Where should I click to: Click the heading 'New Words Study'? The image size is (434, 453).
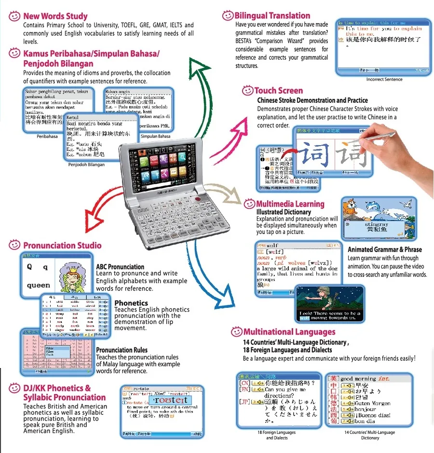tap(55, 16)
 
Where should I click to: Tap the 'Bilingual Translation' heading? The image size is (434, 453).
tap(272, 15)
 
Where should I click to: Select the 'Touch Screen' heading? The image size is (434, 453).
tap(278, 90)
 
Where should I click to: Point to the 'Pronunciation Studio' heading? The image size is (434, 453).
tap(62, 245)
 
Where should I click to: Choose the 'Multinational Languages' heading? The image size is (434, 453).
tap(289, 331)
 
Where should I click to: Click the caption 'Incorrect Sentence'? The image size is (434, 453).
tap(384, 80)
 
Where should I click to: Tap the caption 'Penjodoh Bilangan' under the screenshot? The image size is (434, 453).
tap(86, 165)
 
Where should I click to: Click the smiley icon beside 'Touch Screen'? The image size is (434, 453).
tap(247, 90)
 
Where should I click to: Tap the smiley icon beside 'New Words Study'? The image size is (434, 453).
tap(14, 16)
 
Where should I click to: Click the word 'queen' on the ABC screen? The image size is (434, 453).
tap(38, 285)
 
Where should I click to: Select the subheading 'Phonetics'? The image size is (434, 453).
tap(131, 303)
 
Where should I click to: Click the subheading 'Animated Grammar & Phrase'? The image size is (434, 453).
tap(384, 249)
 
